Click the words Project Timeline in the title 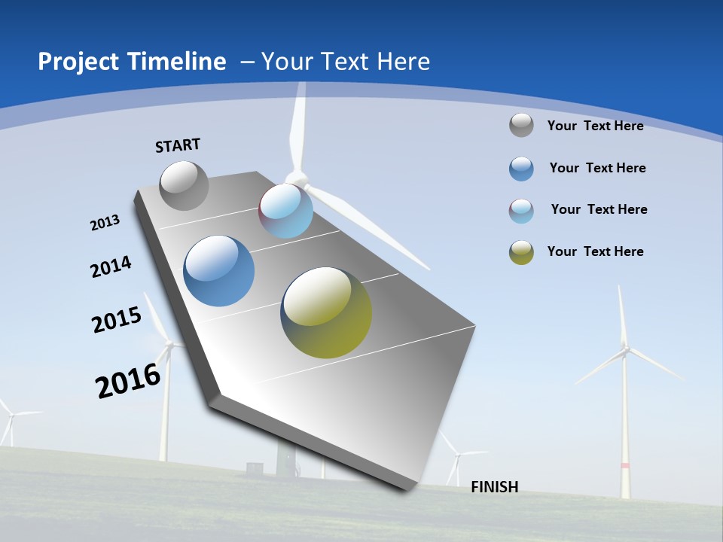pyautogui.click(x=132, y=62)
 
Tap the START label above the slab pyautogui.click(x=178, y=145)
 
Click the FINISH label pyautogui.click(x=495, y=487)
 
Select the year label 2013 pyautogui.click(x=105, y=223)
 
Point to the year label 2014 pyautogui.click(x=111, y=267)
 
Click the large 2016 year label pyautogui.click(x=128, y=381)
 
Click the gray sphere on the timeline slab pyautogui.click(x=184, y=185)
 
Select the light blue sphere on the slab pyautogui.click(x=285, y=211)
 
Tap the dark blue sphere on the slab pyautogui.click(x=219, y=271)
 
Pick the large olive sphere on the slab pyautogui.click(x=326, y=312)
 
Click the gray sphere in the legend pyautogui.click(x=521, y=125)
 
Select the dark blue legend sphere pyautogui.click(x=521, y=169)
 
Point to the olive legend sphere pyautogui.click(x=521, y=252)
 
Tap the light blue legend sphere pyautogui.click(x=521, y=211)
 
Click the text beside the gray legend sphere pyautogui.click(x=595, y=126)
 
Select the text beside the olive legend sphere pyautogui.click(x=595, y=251)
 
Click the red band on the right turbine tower pyautogui.click(x=624, y=466)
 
